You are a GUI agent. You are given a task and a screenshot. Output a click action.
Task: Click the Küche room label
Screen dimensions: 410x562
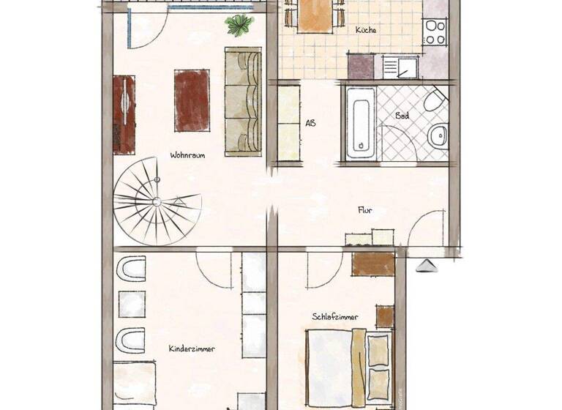[x=366, y=30]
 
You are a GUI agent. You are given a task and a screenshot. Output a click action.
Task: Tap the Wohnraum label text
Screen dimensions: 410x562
[x=187, y=155]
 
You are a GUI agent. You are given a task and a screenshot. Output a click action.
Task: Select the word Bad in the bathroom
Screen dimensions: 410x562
[x=402, y=116]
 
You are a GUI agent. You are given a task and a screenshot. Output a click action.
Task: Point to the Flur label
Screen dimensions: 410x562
[x=366, y=209]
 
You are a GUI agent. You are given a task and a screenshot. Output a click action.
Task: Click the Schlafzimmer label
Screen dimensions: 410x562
[x=335, y=317]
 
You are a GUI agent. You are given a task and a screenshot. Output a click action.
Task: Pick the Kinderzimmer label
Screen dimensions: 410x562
[x=192, y=349]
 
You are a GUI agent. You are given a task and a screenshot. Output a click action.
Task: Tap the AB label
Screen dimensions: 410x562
[x=310, y=123]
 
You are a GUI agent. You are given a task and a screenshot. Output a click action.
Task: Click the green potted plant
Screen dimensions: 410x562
[x=239, y=26]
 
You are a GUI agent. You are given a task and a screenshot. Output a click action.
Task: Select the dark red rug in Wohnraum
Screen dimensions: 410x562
[x=192, y=100]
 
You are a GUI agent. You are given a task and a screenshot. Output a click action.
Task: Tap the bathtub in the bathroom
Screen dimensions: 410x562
[x=361, y=123]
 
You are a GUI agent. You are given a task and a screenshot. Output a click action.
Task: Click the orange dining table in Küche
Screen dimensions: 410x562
[x=315, y=15]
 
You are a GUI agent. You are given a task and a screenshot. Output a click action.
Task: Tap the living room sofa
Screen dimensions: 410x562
[x=242, y=102]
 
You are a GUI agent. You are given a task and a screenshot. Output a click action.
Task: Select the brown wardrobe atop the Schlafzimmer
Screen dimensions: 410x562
[x=372, y=264]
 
